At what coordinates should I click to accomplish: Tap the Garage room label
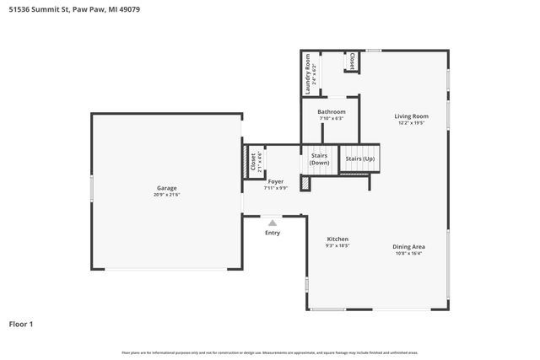(x=166, y=188)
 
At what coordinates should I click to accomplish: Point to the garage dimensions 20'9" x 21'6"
(x=166, y=195)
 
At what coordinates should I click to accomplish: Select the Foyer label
(x=275, y=181)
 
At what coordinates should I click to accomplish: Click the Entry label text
(x=272, y=233)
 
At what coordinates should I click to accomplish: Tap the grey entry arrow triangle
(x=272, y=223)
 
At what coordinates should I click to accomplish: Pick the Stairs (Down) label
(x=320, y=159)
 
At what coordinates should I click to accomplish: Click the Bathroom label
(x=331, y=111)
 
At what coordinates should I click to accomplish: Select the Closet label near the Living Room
(x=352, y=62)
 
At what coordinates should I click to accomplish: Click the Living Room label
(x=412, y=116)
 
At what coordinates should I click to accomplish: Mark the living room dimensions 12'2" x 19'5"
(x=412, y=123)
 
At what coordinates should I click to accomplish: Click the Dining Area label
(x=408, y=246)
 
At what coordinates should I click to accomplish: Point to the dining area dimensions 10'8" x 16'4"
(x=408, y=253)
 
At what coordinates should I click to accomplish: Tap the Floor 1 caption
(x=22, y=323)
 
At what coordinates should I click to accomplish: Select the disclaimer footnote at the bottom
(x=270, y=352)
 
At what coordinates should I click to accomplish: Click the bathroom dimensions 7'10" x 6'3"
(x=331, y=118)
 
